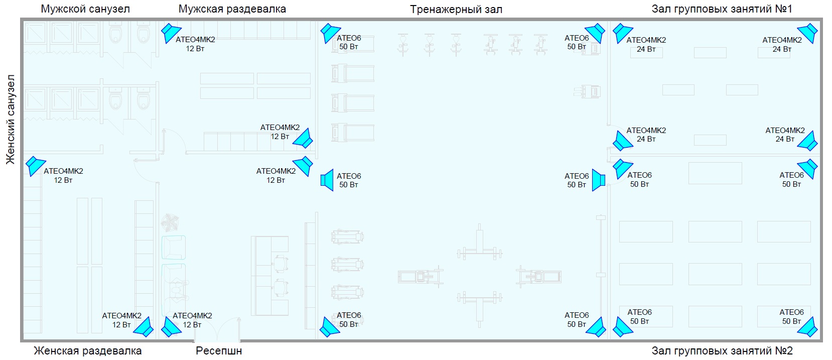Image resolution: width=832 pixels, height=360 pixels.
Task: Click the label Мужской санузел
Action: [85, 9]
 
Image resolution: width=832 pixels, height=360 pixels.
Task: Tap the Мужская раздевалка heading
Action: [232, 9]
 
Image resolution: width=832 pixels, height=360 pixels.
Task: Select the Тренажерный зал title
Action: [456, 10]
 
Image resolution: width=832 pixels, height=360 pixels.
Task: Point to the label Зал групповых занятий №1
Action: [722, 9]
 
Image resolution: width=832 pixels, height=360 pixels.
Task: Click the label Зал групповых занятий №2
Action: [722, 350]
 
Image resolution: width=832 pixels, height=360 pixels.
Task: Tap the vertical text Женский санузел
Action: [11, 119]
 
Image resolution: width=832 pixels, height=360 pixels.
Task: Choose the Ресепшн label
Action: [219, 350]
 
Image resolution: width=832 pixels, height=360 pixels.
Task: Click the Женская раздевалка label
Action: [87, 350]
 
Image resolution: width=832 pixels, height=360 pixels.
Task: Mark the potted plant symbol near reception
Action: [170, 222]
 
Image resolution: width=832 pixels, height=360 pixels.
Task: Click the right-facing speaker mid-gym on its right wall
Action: [597, 180]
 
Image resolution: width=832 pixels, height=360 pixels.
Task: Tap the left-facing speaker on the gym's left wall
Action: [327, 180]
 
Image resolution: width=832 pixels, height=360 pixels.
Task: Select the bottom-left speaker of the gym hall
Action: [330, 327]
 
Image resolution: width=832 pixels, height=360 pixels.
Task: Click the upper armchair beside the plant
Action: [174, 248]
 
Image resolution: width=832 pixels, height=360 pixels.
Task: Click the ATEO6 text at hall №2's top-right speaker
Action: [791, 175]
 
